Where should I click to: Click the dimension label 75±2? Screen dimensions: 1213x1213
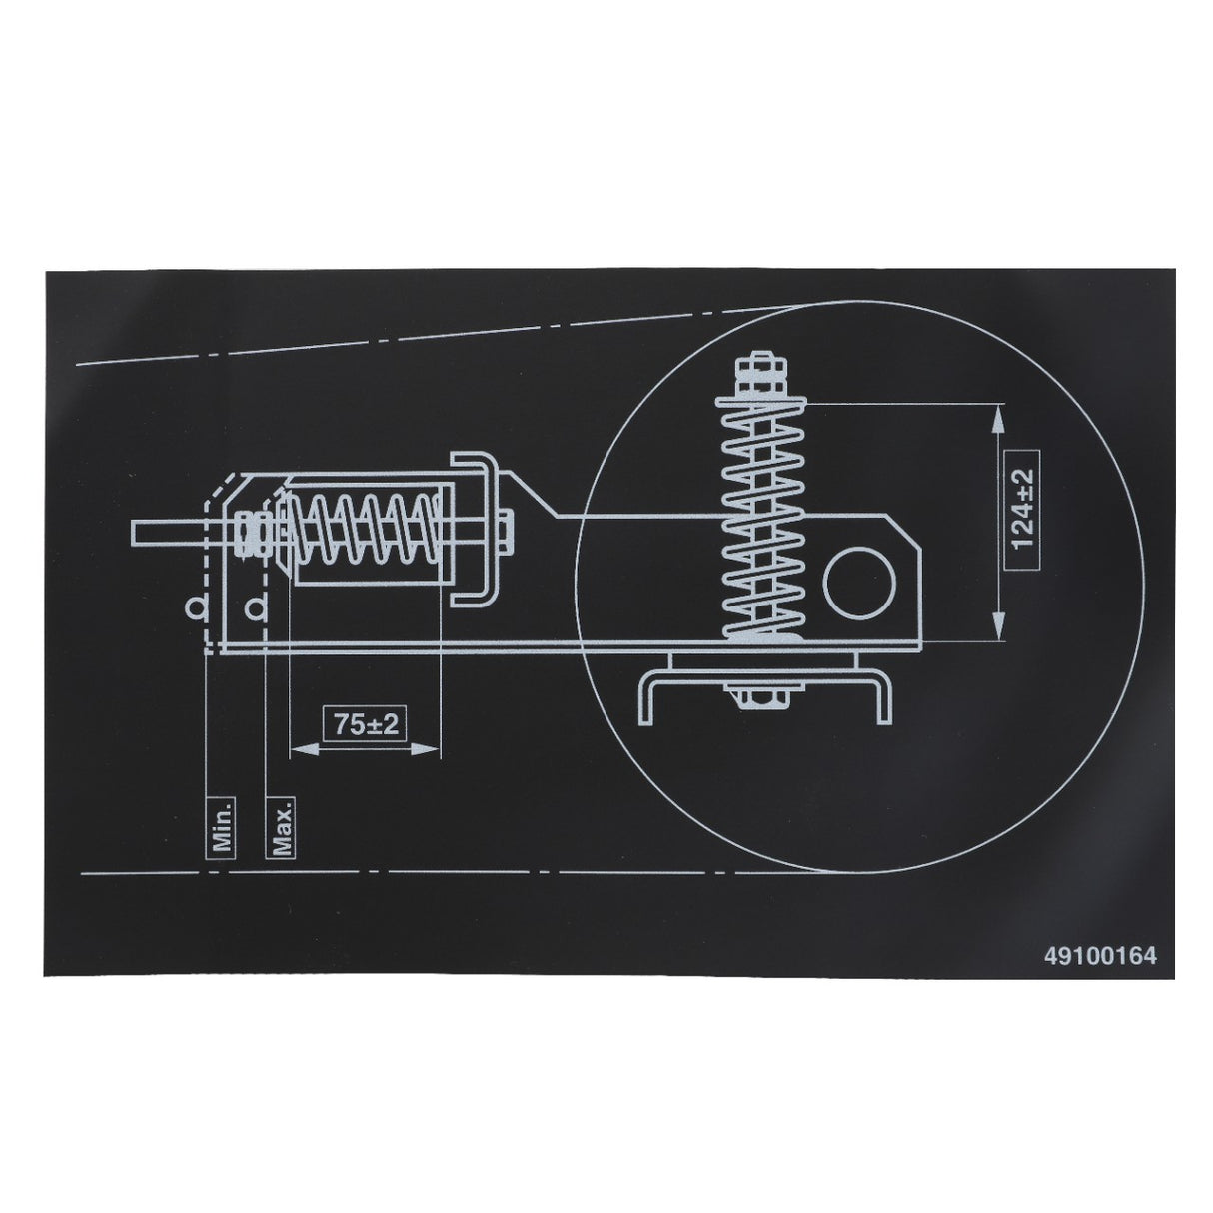click(366, 724)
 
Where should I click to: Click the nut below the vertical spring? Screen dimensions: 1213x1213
click(762, 693)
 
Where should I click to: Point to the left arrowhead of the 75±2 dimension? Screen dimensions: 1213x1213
click(297, 747)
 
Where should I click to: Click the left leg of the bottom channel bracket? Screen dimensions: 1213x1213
click(645, 699)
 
